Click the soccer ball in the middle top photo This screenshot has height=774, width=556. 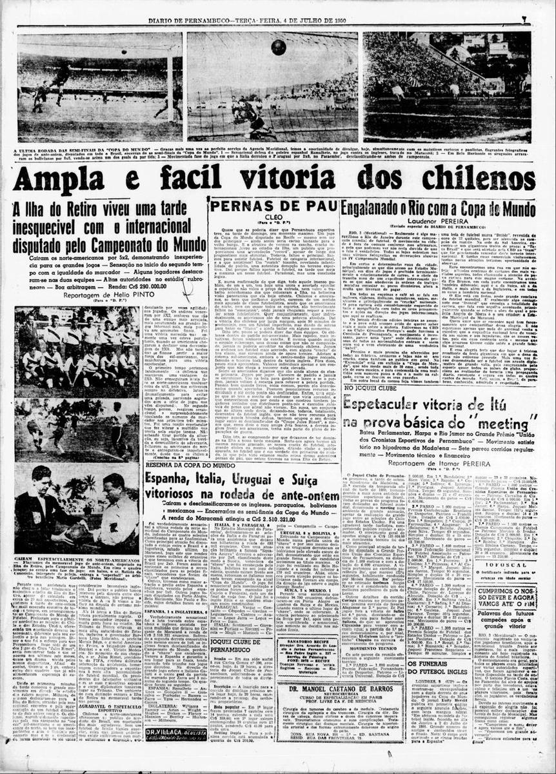tap(278, 47)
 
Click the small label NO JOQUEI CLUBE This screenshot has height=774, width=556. tap(365, 390)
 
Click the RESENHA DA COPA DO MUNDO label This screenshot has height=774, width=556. tap(181, 464)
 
